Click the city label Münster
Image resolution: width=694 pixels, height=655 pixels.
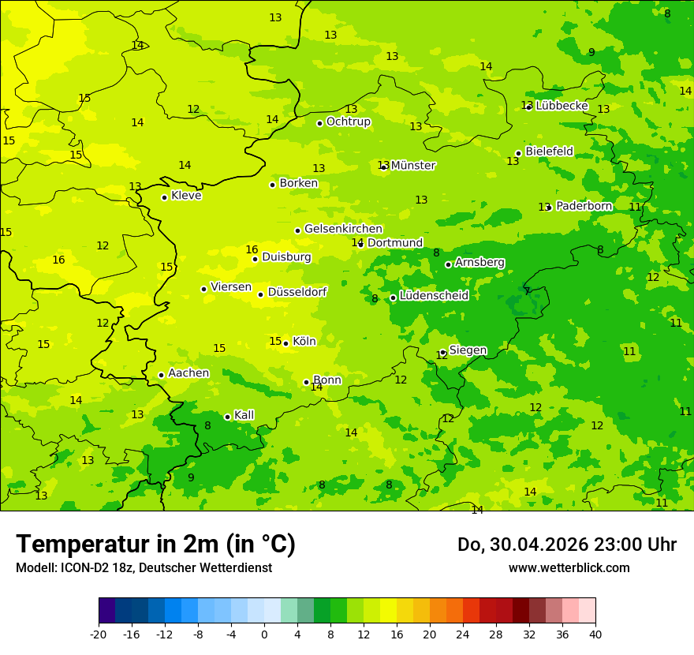pyautogui.click(x=412, y=166)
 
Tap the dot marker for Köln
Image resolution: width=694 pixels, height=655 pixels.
pyautogui.click(x=285, y=343)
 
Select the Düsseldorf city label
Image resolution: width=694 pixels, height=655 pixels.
pyautogui.click(x=297, y=292)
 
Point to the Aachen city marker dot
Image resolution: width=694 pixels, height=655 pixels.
pyautogui.click(x=161, y=375)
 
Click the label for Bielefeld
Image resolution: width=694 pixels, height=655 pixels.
pyautogui.click(x=549, y=152)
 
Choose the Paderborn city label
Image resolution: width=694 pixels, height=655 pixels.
pyautogui.click(x=584, y=206)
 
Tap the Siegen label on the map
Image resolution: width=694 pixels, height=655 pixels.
pyautogui.click(x=468, y=350)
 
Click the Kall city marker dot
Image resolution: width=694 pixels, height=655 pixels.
pyautogui.click(x=227, y=417)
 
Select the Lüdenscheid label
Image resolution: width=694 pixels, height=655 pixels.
pyautogui.click(x=434, y=296)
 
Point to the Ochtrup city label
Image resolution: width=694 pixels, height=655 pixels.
pyautogui.click(x=348, y=122)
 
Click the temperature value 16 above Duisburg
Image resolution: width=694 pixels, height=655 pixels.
pyautogui.click(x=252, y=250)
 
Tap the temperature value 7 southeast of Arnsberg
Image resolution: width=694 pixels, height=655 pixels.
pyautogui.click(x=527, y=291)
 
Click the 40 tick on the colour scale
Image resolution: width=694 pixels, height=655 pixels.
pyautogui.click(x=595, y=634)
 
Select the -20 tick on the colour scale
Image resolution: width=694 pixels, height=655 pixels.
pyautogui.click(x=99, y=634)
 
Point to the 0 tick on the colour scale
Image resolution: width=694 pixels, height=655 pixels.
pyautogui.click(x=264, y=634)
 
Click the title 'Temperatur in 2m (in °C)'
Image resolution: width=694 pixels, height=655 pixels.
pyautogui.click(x=156, y=545)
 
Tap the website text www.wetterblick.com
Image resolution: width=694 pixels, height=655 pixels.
pyautogui.click(x=569, y=567)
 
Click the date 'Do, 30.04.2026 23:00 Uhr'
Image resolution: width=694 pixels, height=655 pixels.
pyautogui.click(x=567, y=545)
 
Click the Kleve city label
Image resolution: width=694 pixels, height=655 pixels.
pyautogui.click(x=186, y=196)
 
